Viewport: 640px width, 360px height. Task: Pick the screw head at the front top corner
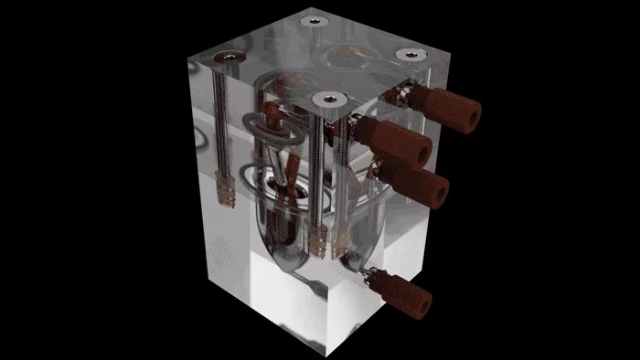point(326,98)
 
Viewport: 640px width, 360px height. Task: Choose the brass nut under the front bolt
point(319,242)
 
